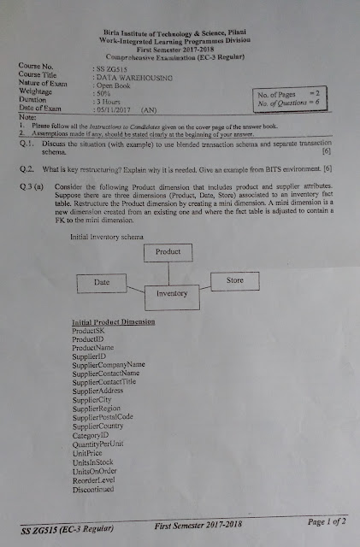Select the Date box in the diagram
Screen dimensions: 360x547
click(103, 280)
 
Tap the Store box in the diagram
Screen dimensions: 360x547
click(236, 279)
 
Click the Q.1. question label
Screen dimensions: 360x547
click(27, 142)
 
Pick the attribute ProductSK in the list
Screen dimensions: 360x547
click(90, 330)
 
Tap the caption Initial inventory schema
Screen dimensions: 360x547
click(105, 232)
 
